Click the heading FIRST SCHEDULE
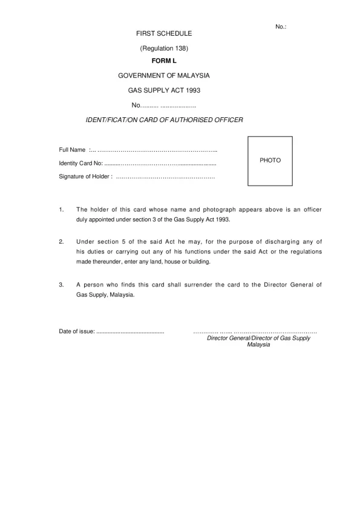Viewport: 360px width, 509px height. [163, 33]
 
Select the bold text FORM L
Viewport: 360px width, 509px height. [163, 61]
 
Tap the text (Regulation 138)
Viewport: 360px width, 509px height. [163, 48]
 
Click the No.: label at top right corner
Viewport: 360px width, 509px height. [281, 27]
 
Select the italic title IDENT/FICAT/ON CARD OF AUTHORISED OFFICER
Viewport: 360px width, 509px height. [165, 120]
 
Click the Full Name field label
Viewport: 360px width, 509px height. [72, 149]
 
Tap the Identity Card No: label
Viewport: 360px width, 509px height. [81, 163]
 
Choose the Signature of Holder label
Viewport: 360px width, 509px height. [85, 177]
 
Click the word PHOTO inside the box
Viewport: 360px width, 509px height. [270, 161]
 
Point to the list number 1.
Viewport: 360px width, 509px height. [61, 210]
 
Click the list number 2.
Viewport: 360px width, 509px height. [61, 242]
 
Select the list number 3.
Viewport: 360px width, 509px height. [61, 284]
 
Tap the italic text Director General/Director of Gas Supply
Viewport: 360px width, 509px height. [258, 339]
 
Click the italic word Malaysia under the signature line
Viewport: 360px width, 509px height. [258, 345]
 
